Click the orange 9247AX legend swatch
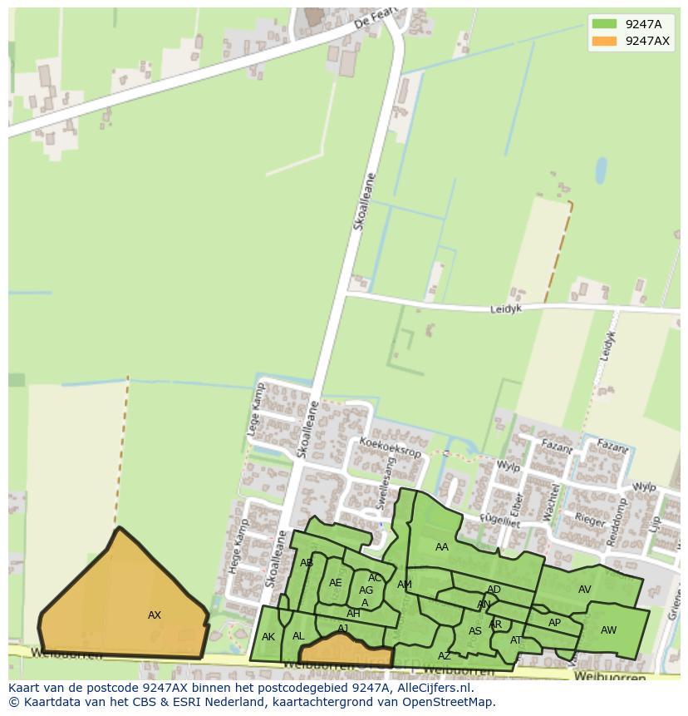(604, 42)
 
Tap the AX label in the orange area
(155, 615)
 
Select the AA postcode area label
(442, 547)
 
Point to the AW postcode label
(609, 630)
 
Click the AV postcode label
(585, 590)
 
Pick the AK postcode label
(268, 637)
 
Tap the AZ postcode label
(445, 656)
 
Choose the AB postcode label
(307, 563)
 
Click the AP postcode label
(554, 623)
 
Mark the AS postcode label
(475, 631)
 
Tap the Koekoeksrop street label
(391, 447)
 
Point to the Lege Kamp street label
(254, 411)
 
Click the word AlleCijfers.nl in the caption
(432, 688)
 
